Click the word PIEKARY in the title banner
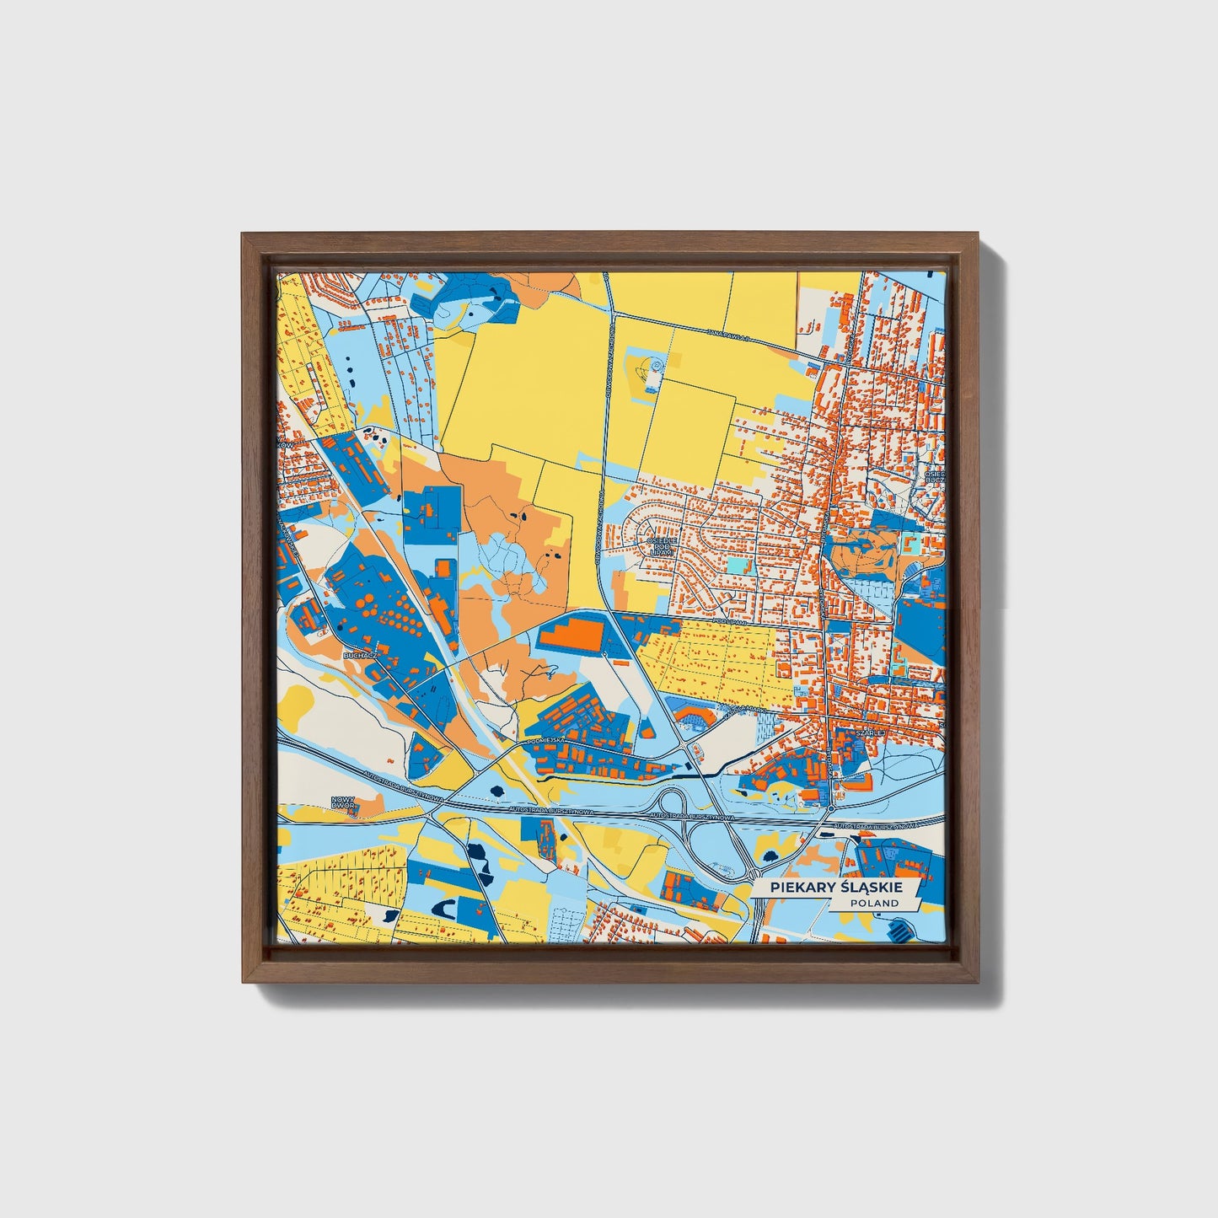point(792,888)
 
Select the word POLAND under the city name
point(874,903)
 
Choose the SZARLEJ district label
point(869,733)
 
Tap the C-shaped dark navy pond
point(448,908)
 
